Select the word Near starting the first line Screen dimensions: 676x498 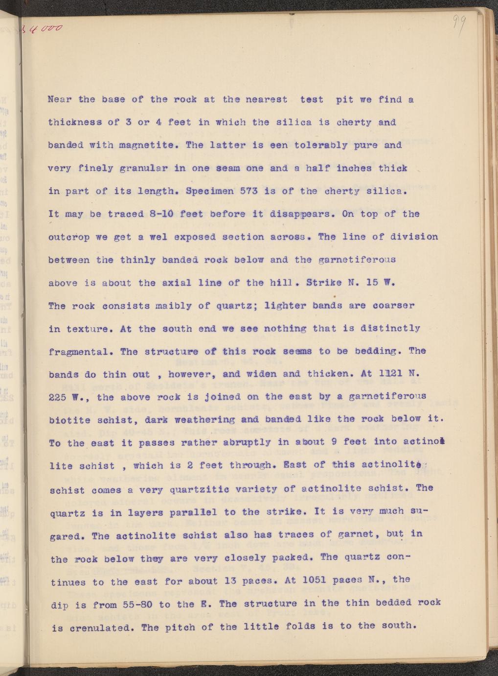click(x=60, y=99)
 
